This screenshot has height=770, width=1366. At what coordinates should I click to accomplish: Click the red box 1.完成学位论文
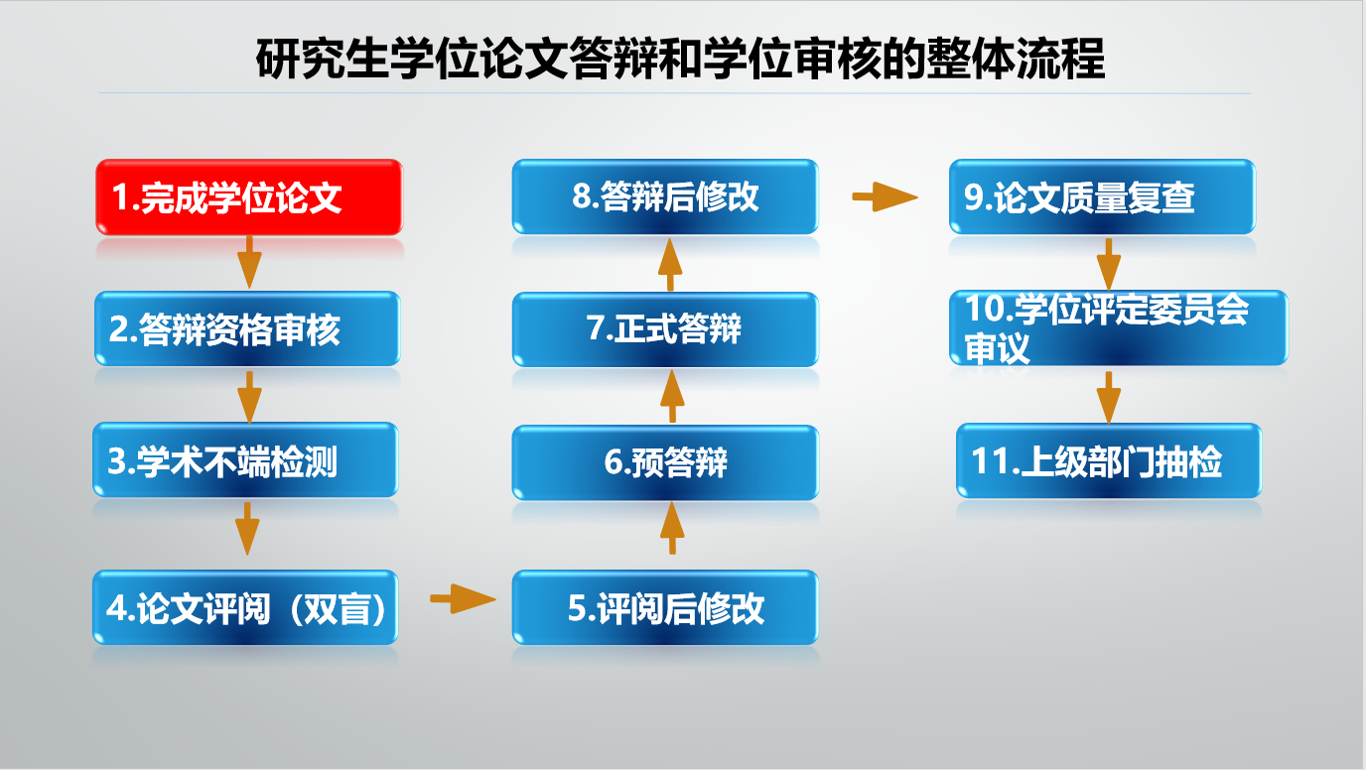tap(249, 196)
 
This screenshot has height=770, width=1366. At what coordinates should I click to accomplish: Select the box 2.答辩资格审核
tap(247, 328)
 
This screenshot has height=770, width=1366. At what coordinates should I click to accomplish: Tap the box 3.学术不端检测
tap(245, 459)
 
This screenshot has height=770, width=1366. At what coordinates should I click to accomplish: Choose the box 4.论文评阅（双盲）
tap(245, 607)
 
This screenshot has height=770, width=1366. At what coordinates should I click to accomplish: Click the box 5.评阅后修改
tap(665, 607)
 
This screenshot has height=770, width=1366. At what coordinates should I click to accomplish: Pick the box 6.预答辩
tap(665, 462)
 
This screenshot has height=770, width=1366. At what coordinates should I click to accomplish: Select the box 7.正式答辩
tap(665, 329)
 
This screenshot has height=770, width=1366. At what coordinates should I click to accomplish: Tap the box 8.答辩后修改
tap(665, 196)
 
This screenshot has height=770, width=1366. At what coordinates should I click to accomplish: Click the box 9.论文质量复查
tap(1102, 196)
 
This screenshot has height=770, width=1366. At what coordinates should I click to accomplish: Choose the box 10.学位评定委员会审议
tap(1119, 328)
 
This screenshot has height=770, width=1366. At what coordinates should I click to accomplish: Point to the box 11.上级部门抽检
tap(1109, 460)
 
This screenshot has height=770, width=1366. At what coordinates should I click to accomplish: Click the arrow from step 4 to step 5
tap(463, 598)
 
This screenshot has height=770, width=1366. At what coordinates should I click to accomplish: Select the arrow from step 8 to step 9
tap(885, 196)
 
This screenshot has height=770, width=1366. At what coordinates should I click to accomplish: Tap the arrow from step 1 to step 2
tap(249, 262)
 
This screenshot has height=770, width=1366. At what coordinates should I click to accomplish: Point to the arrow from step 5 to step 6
tap(672, 528)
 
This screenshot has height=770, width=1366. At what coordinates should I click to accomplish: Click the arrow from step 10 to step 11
tap(1109, 398)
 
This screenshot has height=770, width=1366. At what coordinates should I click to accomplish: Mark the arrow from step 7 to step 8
tap(670, 265)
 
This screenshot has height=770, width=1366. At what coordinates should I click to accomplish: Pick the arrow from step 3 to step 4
tap(247, 529)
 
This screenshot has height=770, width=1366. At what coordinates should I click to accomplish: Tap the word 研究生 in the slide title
tap(322, 60)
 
